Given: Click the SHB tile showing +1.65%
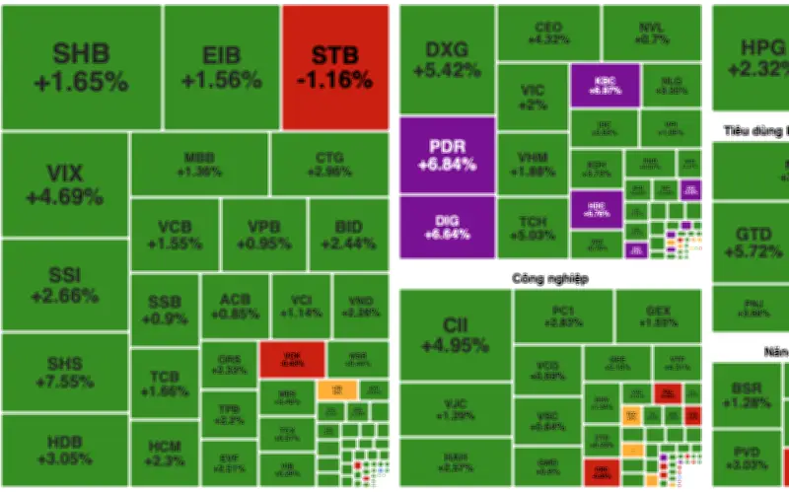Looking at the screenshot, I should (81, 67).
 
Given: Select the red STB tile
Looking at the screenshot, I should (334, 67).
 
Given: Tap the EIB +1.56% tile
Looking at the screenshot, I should (222, 67).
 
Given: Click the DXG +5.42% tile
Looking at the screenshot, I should (447, 59).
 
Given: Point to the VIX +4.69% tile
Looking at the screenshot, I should (65, 184).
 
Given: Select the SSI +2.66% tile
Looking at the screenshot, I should (65, 284).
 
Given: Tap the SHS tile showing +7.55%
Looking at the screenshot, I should (65, 372).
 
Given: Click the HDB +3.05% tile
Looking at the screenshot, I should (65, 450).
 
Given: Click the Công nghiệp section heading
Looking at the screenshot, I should (549, 279).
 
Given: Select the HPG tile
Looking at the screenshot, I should (751, 57).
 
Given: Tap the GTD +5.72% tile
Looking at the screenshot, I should (751, 242).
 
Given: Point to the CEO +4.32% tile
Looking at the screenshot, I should (548, 33).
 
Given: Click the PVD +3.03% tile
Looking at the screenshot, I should (747, 457).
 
